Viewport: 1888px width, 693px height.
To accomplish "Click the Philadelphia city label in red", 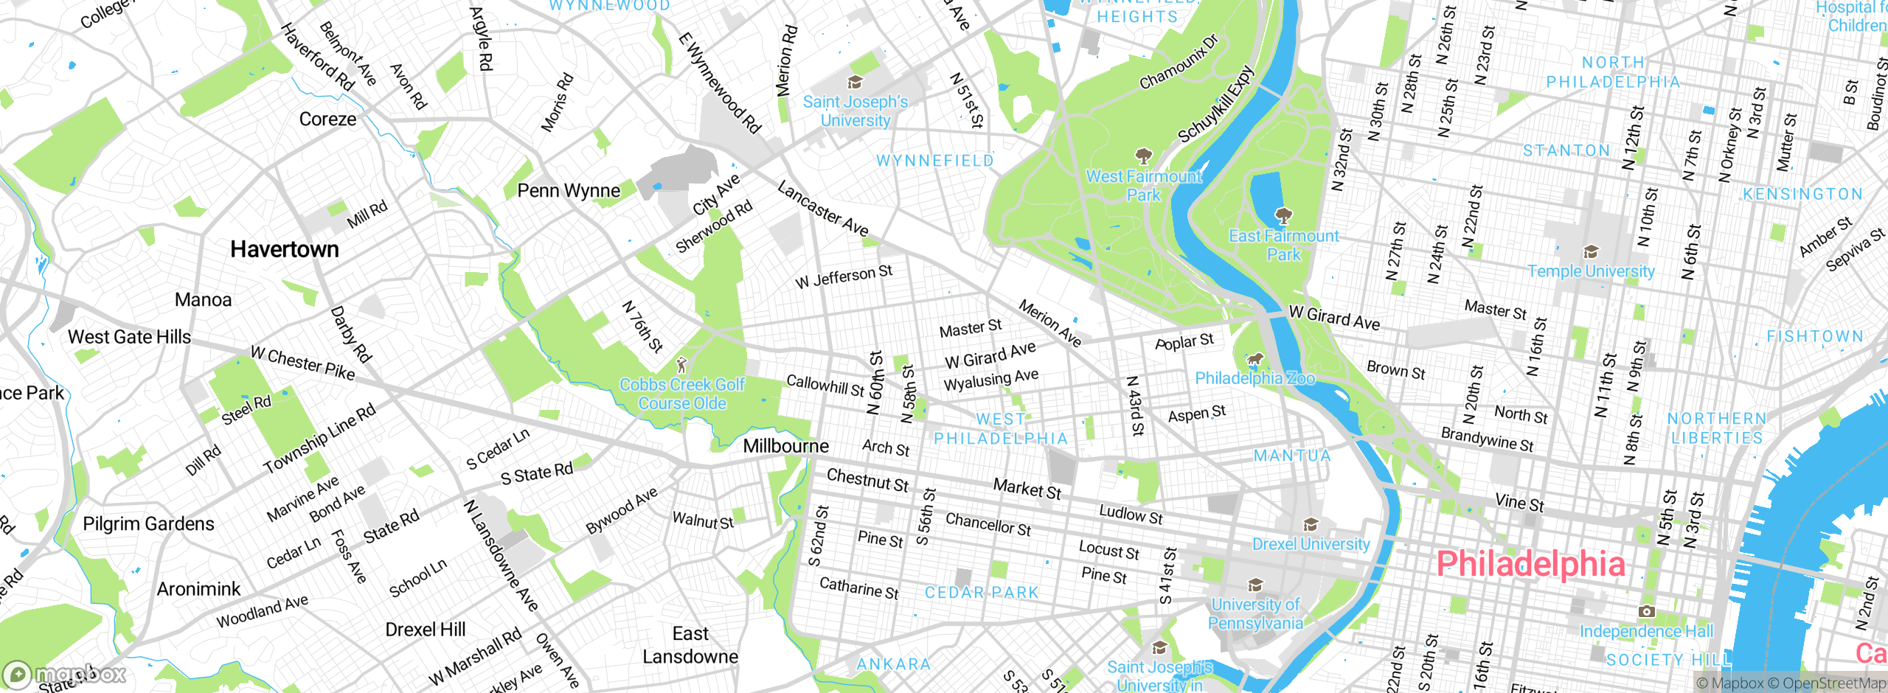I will tap(1530, 565).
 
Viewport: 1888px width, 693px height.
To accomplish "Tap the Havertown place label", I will tap(285, 250).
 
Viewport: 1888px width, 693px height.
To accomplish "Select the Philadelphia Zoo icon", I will tap(1254, 360).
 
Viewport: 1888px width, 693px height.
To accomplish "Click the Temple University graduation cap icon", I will tap(1591, 252).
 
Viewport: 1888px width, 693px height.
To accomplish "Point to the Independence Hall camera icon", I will tap(1646, 612).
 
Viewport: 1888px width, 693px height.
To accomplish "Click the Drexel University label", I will tap(1311, 544).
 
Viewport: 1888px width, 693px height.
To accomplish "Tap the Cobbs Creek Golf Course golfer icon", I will tap(682, 365).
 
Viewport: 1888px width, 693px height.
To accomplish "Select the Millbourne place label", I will tap(785, 446).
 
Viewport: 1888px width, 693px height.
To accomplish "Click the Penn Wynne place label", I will tap(569, 191).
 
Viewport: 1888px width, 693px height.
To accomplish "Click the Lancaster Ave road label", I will tap(823, 209).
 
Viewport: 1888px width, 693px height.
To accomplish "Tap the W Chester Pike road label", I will tap(303, 363).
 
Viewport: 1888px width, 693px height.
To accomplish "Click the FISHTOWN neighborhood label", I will tap(1815, 336).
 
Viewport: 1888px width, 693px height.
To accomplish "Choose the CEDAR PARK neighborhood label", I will tap(982, 593).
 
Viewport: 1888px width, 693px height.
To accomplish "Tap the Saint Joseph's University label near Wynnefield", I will tap(855, 111).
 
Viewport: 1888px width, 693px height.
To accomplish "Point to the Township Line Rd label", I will tap(319, 439).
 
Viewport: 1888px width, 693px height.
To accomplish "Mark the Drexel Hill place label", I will tap(426, 630).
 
